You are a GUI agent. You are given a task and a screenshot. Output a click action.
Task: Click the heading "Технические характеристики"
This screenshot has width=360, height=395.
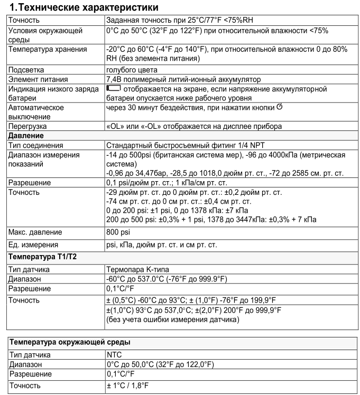(x=85, y=9)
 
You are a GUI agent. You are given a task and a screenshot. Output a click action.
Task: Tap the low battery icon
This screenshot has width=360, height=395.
(x=114, y=88)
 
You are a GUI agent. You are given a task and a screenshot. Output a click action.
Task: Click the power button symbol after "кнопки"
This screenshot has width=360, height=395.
(x=280, y=107)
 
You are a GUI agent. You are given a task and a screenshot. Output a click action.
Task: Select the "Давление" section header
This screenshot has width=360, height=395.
(x=25, y=136)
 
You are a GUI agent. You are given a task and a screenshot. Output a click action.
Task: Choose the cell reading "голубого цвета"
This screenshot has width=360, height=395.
(x=132, y=69)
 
